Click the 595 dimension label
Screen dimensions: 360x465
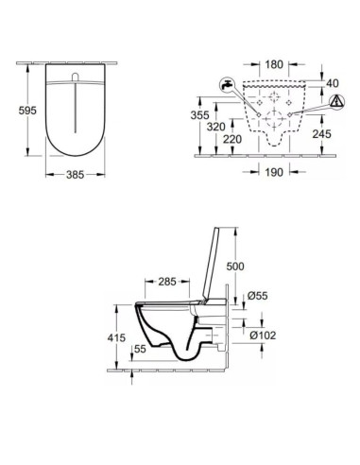tap(27, 111)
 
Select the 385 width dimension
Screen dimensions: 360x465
tap(76, 174)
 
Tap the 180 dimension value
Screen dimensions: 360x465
tap(274, 64)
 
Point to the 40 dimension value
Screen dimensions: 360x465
tap(333, 83)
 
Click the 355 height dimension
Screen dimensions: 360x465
tap(199, 115)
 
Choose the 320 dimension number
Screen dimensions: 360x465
tap(216, 127)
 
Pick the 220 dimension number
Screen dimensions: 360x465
tap(232, 139)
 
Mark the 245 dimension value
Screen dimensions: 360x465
tap(322, 134)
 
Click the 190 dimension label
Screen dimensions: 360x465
tap(274, 172)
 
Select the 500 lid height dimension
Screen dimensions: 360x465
tap(235, 267)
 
